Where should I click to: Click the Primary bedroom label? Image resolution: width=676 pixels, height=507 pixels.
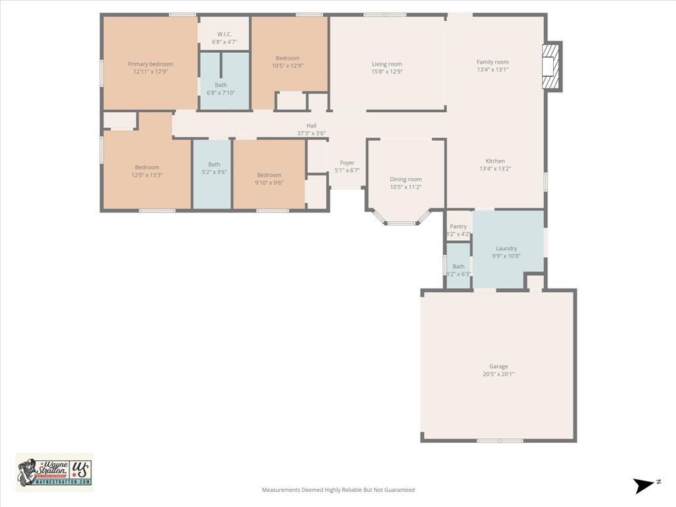(151, 64)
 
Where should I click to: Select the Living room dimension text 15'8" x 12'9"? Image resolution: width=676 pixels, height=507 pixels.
(387, 72)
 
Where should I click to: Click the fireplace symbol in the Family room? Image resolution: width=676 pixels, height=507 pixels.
(551, 67)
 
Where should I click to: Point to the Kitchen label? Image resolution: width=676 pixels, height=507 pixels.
(495, 161)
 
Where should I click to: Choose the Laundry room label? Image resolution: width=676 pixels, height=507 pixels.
(506, 248)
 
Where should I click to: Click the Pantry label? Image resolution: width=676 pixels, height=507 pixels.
(458, 226)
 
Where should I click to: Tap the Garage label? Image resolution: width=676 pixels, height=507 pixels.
(498, 366)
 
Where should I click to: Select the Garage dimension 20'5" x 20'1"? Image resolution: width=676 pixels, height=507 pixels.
(498, 374)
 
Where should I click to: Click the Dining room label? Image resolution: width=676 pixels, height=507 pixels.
(405, 180)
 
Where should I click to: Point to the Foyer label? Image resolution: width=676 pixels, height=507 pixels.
(347, 163)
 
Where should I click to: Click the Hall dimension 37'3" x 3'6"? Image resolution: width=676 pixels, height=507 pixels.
(311, 133)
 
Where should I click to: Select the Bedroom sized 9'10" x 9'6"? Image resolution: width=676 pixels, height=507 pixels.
(269, 179)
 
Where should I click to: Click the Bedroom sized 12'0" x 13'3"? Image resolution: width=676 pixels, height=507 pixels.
(147, 171)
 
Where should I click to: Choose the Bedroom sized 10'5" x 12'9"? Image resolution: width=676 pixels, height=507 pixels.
(287, 62)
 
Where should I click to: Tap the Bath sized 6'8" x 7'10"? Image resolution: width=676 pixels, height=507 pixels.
(220, 88)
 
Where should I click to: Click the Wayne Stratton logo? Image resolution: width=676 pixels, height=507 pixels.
(54, 471)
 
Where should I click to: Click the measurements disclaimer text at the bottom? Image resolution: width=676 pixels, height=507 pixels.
(338, 490)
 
